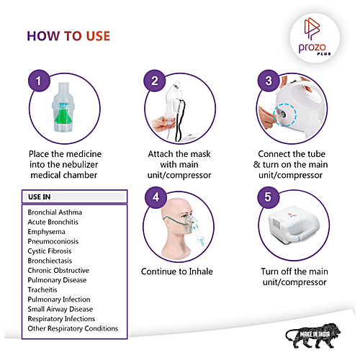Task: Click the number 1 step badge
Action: click(x=39, y=81)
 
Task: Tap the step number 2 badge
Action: click(x=155, y=81)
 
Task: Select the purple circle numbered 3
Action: click(x=269, y=81)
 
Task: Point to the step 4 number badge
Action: click(x=156, y=197)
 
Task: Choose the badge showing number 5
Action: click(x=268, y=197)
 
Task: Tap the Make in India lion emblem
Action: click(x=313, y=336)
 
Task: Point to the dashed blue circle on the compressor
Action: click(x=284, y=114)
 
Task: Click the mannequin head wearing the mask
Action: click(x=178, y=228)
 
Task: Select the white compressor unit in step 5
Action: click(x=294, y=225)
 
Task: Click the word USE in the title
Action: click(x=98, y=36)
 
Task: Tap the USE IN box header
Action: click(x=74, y=197)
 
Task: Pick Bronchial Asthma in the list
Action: click(x=55, y=212)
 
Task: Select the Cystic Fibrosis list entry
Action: click(x=50, y=251)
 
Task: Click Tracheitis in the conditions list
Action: click(x=42, y=289)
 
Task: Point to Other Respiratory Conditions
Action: click(x=73, y=328)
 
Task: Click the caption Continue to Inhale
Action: click(x=177, y=271)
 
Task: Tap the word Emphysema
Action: click(x=46, y=232)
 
